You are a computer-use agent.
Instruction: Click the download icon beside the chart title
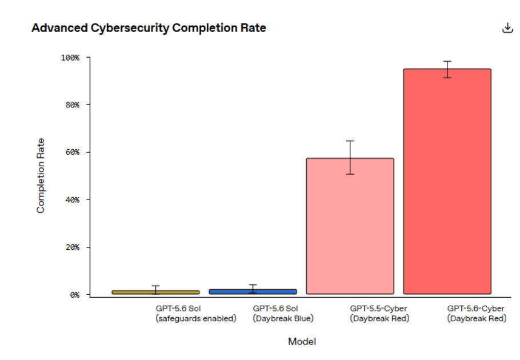point(507,28)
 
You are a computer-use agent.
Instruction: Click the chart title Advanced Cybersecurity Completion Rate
point(149,28)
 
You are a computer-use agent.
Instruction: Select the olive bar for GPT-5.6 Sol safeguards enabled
point(155,292)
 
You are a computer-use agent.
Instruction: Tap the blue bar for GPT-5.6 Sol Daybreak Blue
point(253,291)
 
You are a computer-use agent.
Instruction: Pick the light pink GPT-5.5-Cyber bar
point(350,226)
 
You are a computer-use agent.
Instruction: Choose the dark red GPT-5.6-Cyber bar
point(447,181)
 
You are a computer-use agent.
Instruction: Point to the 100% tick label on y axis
point(70,58)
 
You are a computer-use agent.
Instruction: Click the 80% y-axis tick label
point(73,105)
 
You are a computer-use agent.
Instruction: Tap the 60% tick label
point(73,152)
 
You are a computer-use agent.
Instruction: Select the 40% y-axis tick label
point(73,200)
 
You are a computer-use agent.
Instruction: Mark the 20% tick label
point(73,247)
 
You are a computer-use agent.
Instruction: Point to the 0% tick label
point(75,295)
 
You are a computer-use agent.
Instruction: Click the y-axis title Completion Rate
point(41,175)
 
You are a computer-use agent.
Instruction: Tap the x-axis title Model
point(302,342)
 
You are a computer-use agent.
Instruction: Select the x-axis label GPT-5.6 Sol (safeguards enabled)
point(195,314)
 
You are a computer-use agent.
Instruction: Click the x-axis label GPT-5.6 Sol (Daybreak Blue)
point(283,314)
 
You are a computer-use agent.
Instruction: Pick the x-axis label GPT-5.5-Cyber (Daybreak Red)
point(379,314)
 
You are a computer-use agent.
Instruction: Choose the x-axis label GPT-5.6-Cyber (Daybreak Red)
point(477,314)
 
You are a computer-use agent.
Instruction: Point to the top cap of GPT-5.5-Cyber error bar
point(350,141)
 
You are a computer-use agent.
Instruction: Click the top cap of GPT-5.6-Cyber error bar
point(447,61)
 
